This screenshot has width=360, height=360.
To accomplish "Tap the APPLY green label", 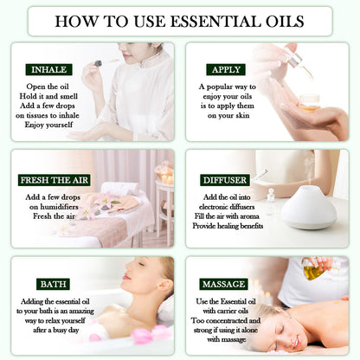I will tap(225, 69).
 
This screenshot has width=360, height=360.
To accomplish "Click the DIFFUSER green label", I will tap(224, 180).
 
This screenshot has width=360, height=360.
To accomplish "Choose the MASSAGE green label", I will tap(224, 284).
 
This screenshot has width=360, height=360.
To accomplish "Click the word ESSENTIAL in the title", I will tap(201, 21).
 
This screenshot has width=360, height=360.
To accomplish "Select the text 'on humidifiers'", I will tap(48, 208).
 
